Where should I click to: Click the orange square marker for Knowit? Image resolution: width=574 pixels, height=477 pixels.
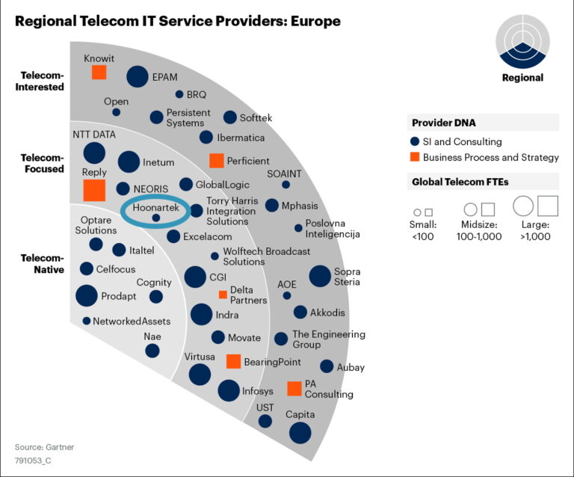click(x=99, y=72)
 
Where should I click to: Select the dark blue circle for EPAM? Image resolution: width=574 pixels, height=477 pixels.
click(x=137, y=76)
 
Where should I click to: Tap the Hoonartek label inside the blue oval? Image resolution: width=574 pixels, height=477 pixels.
click(x=155, y=209)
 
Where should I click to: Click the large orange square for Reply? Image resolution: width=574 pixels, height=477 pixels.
click(x=93, y=190)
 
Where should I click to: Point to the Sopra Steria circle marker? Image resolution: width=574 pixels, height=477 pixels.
click(x=320, y=276)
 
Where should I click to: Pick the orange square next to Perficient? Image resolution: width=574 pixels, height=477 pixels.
click(x=216, y=160)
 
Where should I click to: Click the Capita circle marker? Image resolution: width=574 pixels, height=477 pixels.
click(x=300, y=432)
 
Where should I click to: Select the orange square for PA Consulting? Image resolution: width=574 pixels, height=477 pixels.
click(x=294, y=388)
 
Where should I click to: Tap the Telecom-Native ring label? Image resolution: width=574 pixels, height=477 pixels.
click(x=43, y=263)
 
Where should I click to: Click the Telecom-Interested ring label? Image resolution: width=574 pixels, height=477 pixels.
click(x=43, y=81)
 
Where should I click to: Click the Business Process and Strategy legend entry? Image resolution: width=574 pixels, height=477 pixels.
click(x=484, y=157)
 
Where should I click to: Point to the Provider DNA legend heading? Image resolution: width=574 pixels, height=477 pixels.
click(x=444, y=123)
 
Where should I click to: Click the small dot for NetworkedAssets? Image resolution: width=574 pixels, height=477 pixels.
click(x=87, y=321)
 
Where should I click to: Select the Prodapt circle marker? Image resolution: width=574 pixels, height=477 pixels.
click(x=87, y=296)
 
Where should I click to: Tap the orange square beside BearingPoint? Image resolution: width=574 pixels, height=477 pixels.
click(x=233, y=362)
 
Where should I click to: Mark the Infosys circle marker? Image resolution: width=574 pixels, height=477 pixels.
click(x=229, y=390)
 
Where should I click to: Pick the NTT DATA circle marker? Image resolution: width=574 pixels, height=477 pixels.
click(x=94, y=153)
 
